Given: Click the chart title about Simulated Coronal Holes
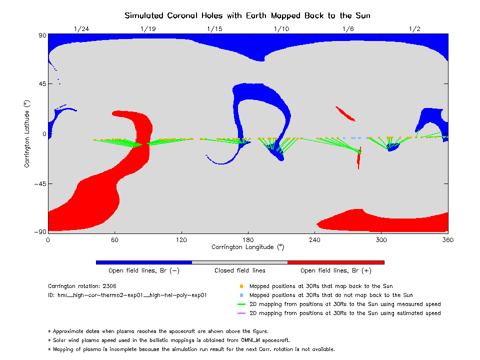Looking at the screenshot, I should coord(247,15).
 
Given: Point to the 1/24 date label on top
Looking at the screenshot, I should coord(81,29).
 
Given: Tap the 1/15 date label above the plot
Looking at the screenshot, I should coord(214,29).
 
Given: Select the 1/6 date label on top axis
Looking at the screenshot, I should coord(348,29).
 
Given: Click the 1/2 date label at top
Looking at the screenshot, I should coord(414,29).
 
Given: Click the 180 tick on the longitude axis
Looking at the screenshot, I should coord(248,240).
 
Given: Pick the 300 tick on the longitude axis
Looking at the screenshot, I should coord(381,240).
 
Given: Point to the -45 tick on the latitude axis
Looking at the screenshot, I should coord(37,183).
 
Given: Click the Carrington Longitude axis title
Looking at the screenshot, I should coord(247,247).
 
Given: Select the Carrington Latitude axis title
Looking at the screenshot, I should coord(27,133).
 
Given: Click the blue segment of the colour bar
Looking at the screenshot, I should coord(144,262).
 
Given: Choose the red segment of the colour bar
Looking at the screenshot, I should coord(336,262).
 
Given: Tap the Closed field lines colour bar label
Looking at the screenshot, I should coord(240,271).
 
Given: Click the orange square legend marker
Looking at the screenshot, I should coord(241,286).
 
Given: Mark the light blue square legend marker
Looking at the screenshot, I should coord(241,295).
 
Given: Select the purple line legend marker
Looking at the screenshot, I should coord(241,313).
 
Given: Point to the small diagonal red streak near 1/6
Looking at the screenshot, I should coord(345,114).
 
